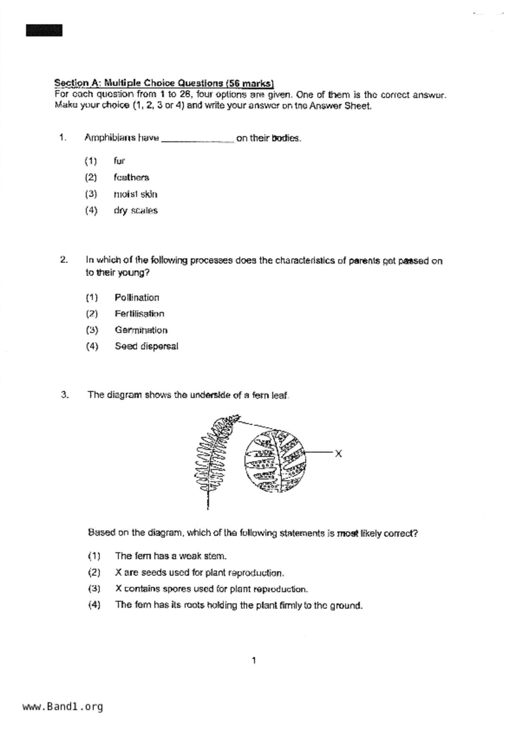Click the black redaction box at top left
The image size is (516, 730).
coord(44,30)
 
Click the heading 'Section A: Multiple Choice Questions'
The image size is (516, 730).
coord(164,83)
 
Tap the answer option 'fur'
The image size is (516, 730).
coord(119,161)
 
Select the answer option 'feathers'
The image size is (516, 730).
coord(131,177)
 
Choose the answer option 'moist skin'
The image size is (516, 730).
coord(135,194)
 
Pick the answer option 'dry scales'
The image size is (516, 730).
coord(135,211)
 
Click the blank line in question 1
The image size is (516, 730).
coord(197,140)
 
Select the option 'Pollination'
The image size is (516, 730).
coord(137,298)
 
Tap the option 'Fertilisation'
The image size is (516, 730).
coord(140,314)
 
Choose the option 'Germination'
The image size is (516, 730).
coord(141,330)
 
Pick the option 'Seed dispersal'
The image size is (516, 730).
coord(146,346)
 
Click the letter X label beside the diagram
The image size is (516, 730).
coord(338,454)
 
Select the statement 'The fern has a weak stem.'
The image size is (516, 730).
coord(171,556)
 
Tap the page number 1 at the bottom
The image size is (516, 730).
coord(254,660)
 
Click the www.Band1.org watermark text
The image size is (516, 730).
coord(62,707)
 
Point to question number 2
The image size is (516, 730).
coord(64,260)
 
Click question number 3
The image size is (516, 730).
coord(65,395)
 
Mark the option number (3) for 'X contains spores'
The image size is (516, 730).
coord(94,588)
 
